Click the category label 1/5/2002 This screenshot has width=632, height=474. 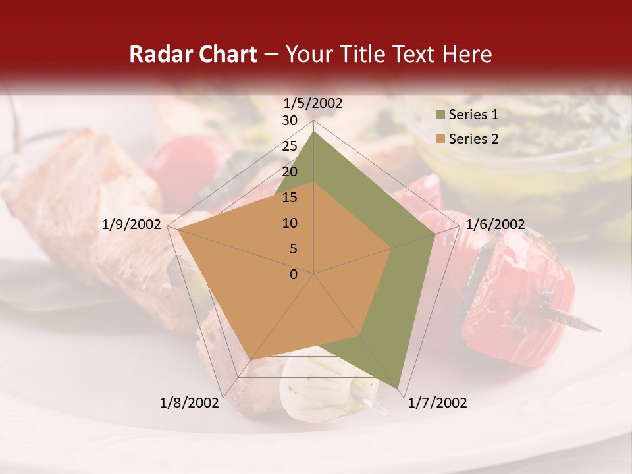pyautogui.click(x=313, y=103)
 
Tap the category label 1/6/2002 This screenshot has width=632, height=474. pyautogui.click(x=495, y=224)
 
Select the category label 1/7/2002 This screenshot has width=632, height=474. pyautogui.click(x=437, y=403)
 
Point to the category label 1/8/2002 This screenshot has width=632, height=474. pyautogui.click(x=190, y=403)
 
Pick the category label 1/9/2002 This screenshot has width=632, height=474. pyautogui.click(x=132, y=224)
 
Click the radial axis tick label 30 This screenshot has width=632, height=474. pyautogui.click(x=290, y=120)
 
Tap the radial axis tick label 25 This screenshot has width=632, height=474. pyautogui.click(x=290, y=146)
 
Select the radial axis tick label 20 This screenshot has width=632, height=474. pyautogui.click(x=290, y=172)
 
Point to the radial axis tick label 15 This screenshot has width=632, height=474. pyautogui.click(x=290, y=197)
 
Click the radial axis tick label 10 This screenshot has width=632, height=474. pyautogui.click(x=290, y=223)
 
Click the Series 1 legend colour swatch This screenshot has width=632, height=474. pyautogui.click(x=440, y=115)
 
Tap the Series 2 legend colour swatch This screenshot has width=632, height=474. pyautogui.click(x=440, y=139)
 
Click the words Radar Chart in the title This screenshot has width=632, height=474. pyautogui.click(x=193, y=54)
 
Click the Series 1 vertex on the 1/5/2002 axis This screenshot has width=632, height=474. pyautogui.click(x=314, y=131)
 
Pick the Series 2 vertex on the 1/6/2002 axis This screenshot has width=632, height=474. pyautogui.click(x=392, y=248)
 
